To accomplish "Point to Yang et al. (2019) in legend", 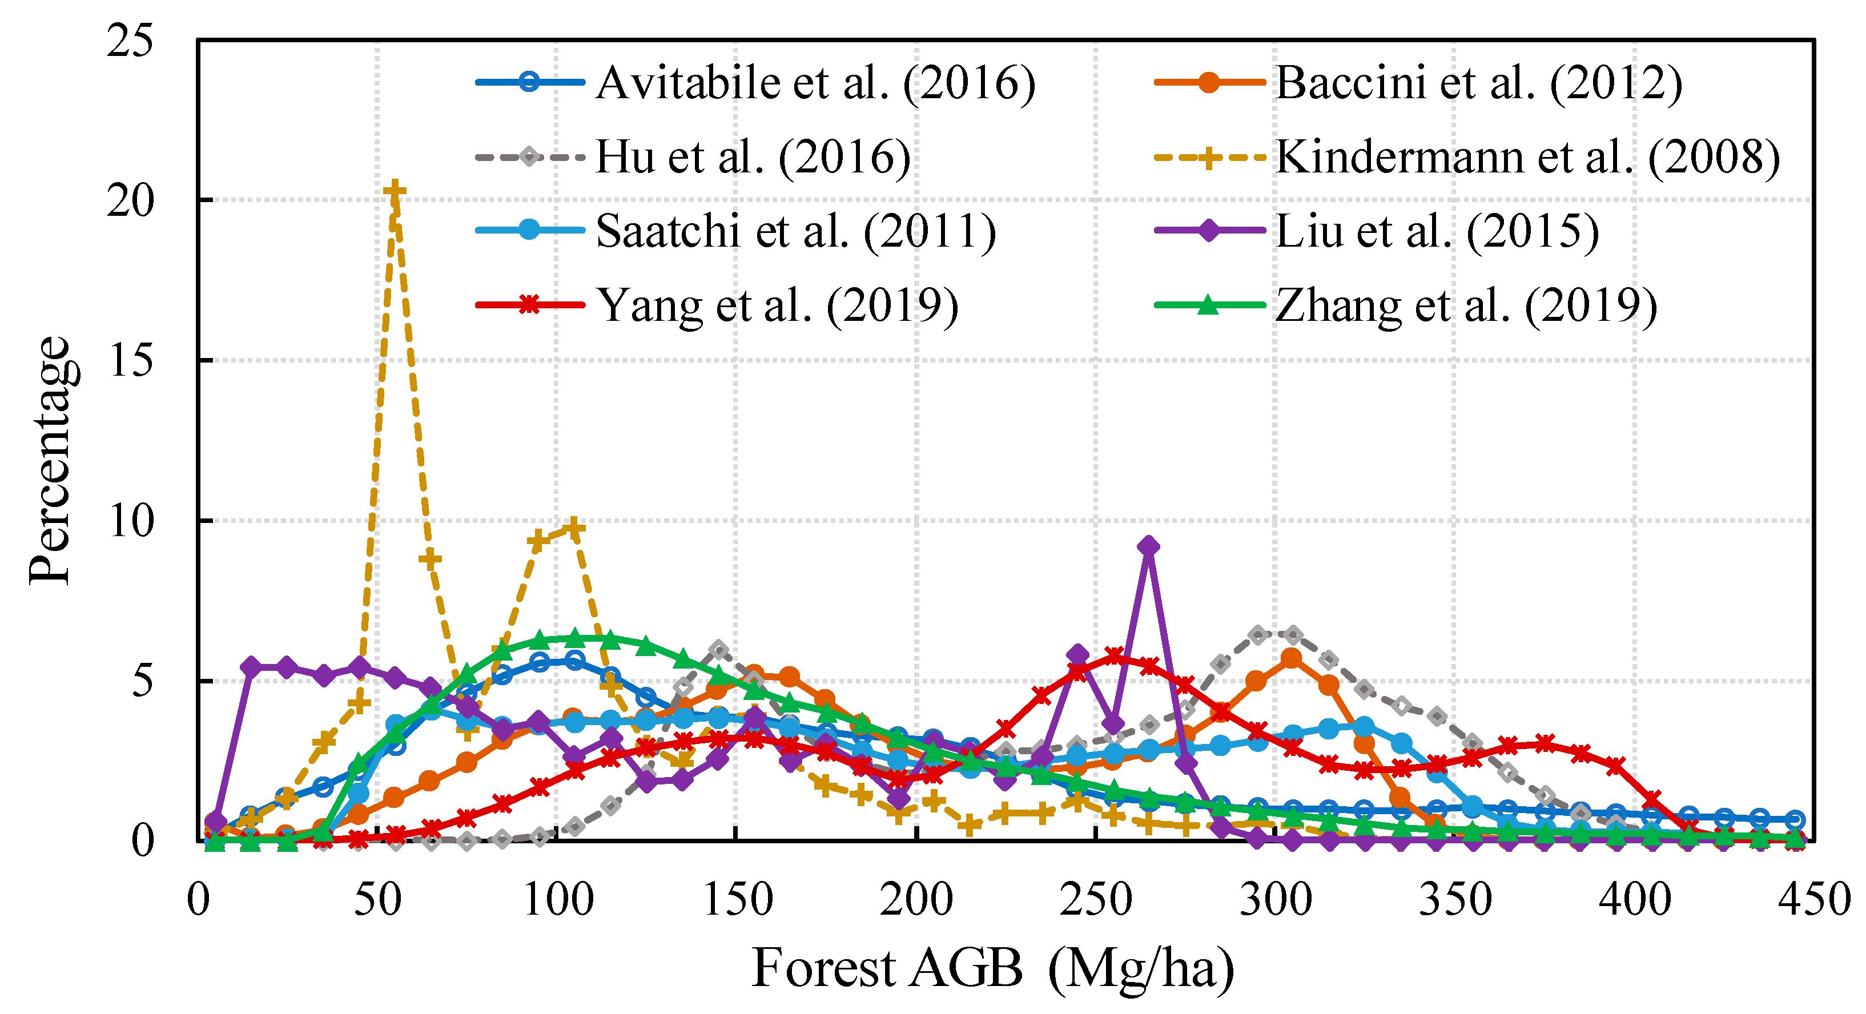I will (x=777, y=305).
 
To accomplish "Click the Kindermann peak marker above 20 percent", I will (x=394, y=191).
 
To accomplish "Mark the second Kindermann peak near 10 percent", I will (x=574, y=528).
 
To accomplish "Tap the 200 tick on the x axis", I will (x=916, y=900).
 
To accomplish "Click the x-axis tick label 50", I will (x=377, y=900).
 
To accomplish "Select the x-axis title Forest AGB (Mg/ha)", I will (x=992, y=968).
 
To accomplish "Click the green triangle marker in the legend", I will (x=1208, y=305).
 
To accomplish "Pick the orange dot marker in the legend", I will (x=1208, y=82).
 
